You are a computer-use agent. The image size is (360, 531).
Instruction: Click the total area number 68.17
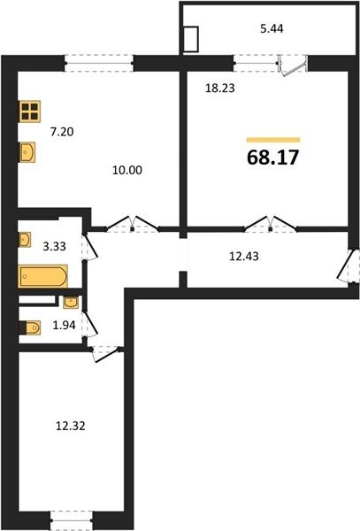click(273, 158)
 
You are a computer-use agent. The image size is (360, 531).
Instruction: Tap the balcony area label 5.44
click(272, 29)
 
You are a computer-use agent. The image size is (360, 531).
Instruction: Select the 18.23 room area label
click(220, 88)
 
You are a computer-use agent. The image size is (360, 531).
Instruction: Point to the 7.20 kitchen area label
click(62, 131)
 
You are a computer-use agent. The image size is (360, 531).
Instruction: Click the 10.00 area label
click(127, 170)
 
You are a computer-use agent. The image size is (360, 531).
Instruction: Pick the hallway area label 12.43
click(244, 257)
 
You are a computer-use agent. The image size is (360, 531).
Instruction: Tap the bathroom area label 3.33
click(54, 246)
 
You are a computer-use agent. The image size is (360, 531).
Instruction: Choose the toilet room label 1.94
click(64, 326)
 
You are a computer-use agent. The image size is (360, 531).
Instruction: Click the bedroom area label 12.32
click(71, 426)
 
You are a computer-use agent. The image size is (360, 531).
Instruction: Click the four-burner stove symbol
click(29, 112)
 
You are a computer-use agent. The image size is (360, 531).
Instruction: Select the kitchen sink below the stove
click(27, 152)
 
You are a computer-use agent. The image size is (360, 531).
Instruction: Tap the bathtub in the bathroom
click(43, 276)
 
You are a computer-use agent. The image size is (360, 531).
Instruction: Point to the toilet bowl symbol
click(32, 327)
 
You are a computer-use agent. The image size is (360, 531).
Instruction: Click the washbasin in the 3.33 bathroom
click(25, 240)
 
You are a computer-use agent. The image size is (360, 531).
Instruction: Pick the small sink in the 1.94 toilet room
click(71, 303)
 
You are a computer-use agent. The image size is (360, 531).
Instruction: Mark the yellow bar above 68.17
click(273, 140)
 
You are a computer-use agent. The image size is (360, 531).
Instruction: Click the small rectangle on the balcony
click(191, 40)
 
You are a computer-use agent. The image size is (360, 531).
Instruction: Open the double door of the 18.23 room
click(271, 224)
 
